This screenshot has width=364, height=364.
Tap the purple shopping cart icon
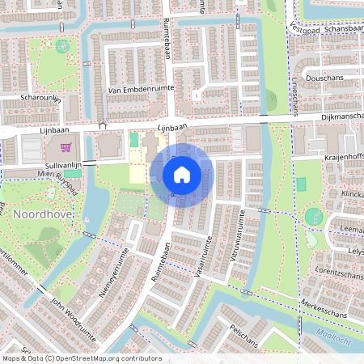66,147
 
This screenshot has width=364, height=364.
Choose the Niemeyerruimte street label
113,273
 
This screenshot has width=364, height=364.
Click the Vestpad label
304,28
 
